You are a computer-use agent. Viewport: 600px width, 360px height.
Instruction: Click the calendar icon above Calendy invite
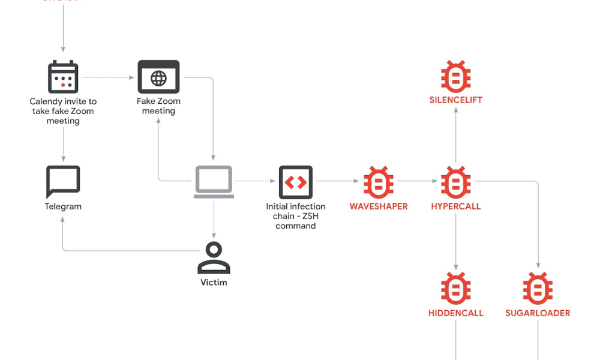click(x=63, y=77)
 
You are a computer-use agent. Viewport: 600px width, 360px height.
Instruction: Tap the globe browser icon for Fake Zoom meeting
click(x=158, y=77)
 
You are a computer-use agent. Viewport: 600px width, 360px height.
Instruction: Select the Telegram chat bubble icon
click(x=63, y=182)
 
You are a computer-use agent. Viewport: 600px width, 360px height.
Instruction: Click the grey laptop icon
click(x=214, y=182)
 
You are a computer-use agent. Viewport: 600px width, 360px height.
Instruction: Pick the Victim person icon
click(x=214, y=258)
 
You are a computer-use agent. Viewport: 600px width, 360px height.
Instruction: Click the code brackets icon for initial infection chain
click(x=295, y=182)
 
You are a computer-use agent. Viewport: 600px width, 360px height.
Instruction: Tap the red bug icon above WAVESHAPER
click(x=379, y=182)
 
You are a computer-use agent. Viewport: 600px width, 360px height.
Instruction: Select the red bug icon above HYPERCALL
click(x=455, y=182)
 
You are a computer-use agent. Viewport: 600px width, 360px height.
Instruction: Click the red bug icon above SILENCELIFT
click(x=455, y=76)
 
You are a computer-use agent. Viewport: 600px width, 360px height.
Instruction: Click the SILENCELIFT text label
click(x=455, y=100)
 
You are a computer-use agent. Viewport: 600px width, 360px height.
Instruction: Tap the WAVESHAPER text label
click(x=379, y=206)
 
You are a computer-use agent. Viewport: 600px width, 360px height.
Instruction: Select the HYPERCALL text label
click(x=455, y=206)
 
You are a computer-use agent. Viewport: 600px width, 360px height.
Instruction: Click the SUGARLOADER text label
click(x=538, y=313)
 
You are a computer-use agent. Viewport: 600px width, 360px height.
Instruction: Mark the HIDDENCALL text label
click(x=455, y=313)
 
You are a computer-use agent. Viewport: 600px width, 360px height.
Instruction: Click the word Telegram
click(x=63, y=206)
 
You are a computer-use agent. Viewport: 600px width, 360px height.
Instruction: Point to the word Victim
click(x=214, y=282)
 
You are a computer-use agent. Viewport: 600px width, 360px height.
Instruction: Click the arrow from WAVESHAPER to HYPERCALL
click(x=417, y=181)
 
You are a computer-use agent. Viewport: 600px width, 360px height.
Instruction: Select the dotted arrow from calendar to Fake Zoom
click(x=108, y=77)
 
